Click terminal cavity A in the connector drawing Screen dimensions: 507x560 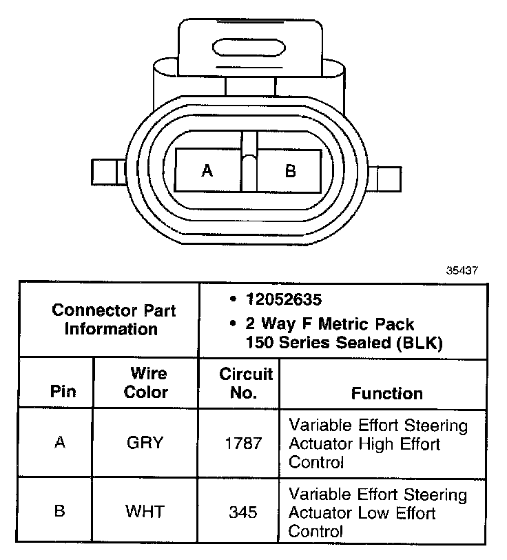(x=207, y=170)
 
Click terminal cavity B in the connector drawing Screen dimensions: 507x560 (x=289, y=170)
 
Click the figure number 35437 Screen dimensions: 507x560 (x=462, y=270)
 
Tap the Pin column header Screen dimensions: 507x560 (x=63, y=393)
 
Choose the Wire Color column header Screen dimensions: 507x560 (x=148, y=383)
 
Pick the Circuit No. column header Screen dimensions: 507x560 (x=245, y=383)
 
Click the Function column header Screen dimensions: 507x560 (x=386, y=393)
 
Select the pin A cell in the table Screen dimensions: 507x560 (x=61, y=443)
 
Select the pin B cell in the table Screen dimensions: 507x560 (x=61, y=512)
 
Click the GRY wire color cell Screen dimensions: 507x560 (x=145, y=443)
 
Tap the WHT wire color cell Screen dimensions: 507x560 (x=145, y=512)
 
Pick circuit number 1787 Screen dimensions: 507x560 (x=243, y=443)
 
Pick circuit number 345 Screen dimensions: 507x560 (x=243, y=512)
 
